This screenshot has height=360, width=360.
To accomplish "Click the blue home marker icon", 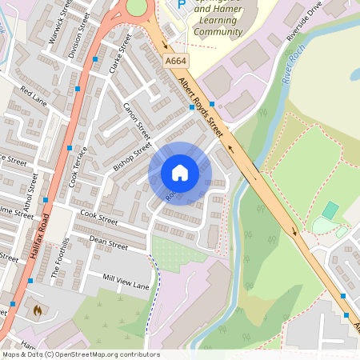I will click(180, 173).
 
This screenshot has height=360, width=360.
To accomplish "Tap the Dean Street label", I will click(108, 242).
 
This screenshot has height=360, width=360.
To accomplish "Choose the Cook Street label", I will click(99, 217).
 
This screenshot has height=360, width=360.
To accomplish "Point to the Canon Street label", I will click(137, 121).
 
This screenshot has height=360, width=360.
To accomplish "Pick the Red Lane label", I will click(34, 97).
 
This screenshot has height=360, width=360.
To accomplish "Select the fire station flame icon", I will click(36, 308).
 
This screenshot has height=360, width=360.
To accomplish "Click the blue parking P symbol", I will click(181, 4).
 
